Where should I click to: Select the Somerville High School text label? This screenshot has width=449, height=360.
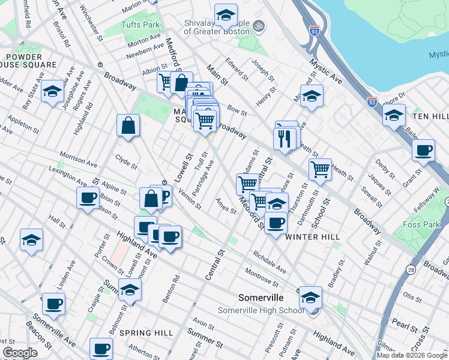click(261, 310)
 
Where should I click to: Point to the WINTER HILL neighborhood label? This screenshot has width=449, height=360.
click(312, 237)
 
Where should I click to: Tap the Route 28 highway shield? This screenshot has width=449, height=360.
click(411, 270)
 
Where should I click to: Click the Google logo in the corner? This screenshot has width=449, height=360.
click(20, 353)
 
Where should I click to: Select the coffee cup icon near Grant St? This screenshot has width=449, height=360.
click(424, 150)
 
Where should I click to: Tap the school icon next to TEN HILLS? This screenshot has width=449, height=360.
click(394, 115)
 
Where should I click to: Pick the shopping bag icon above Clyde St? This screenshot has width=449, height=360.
click(128, 126)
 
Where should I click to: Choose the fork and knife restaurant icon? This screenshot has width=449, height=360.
click(285, 138)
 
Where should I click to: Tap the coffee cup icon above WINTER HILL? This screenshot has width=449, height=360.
click(276, 223)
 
